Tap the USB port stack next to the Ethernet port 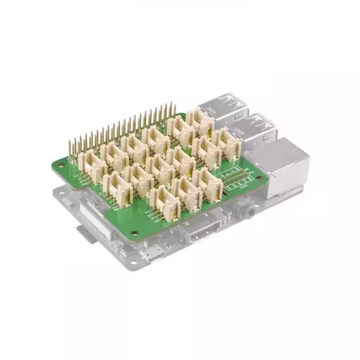point(256,130)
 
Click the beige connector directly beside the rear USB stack point(201,120)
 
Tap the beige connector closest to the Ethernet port point(226,145)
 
